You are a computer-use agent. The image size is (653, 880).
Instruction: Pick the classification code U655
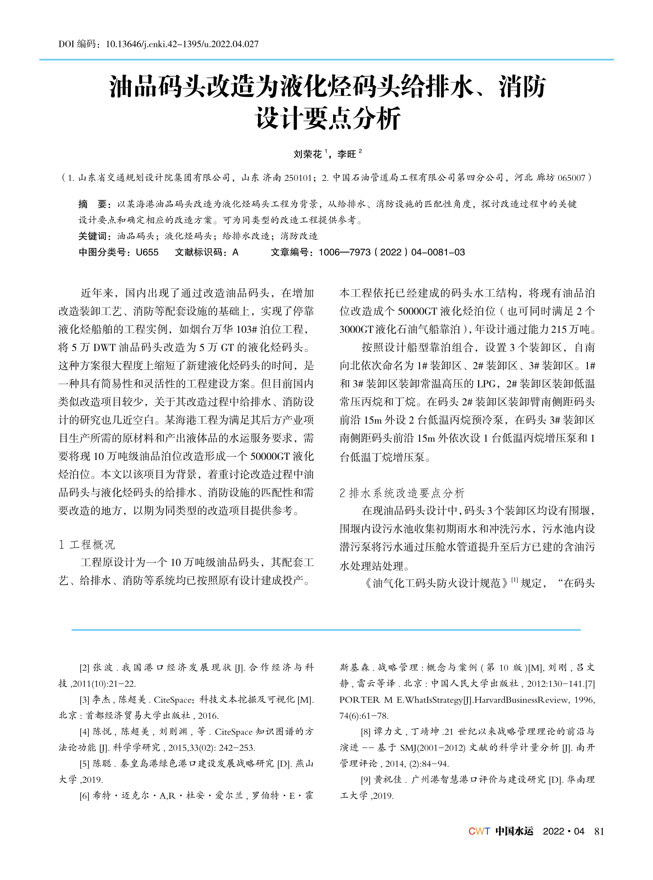point(147,252)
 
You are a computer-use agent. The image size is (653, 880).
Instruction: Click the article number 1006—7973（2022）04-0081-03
point(392,252)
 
